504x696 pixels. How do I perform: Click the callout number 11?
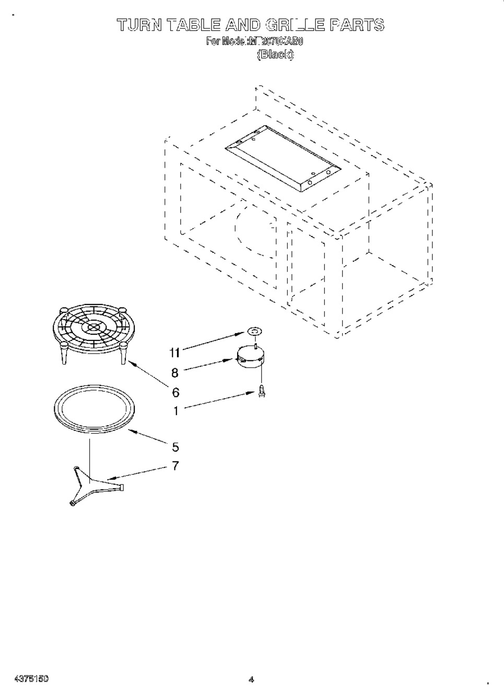[174, 353]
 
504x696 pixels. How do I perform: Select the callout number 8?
[175, 373]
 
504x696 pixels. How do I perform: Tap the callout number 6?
[175, 392]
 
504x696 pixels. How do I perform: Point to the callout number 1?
[175, 411]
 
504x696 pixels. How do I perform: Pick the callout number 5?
[175, 447]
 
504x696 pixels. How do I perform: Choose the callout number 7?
[175, 466]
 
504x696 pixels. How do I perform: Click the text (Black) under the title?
[275, 54]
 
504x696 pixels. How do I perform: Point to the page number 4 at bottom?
[251, 679]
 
